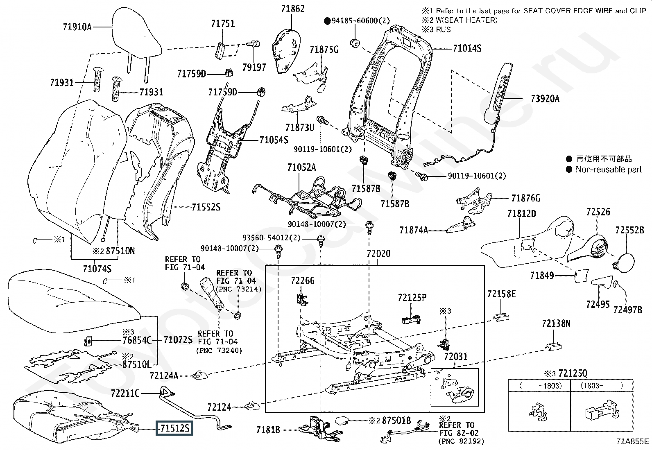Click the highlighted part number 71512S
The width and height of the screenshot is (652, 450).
[x=174, y=428]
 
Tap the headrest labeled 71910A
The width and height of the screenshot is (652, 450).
[x=136, y=38]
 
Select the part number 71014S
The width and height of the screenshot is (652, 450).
[x=467, y=48]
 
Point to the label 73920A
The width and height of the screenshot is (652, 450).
[x=545, y=99]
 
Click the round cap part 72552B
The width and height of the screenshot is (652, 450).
[x=625, y=262]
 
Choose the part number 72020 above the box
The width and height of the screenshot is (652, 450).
[x=378, y=254]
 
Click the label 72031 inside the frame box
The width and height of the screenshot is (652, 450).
[x=455, y=357]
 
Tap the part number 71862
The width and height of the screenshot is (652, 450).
[x=293, y=9]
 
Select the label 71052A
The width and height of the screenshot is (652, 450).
[x=301, y=167]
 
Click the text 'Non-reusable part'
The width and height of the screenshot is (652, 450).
[x=609, y=170]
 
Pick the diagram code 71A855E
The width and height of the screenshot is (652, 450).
[x=632, y=441]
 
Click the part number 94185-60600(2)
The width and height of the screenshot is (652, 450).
[x=361, y=20]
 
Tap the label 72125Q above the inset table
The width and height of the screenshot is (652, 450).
[x=573, y=373]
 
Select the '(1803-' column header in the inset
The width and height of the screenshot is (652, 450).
[x=592, y=386]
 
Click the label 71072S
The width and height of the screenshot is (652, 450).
[x=178, y=340]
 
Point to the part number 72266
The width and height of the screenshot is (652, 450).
[x=303, y=280]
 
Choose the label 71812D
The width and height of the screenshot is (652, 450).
[x=521, y=214]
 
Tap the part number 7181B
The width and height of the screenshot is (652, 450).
[x=268, y=430]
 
